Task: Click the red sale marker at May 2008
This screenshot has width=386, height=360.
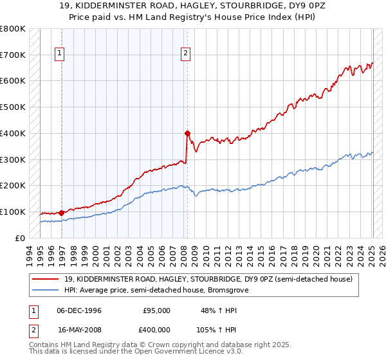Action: [187, 133]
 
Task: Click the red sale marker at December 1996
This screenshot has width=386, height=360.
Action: [62, 213]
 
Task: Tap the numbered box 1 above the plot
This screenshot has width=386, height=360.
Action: [59, 54]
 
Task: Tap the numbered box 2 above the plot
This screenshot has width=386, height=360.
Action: [185, 54]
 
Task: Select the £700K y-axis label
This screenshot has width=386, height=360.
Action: [13, 55]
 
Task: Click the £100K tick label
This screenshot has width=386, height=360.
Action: [13, 212]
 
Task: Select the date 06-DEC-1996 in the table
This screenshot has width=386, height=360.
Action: [79, 310]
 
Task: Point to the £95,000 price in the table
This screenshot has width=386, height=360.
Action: [157, 310]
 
